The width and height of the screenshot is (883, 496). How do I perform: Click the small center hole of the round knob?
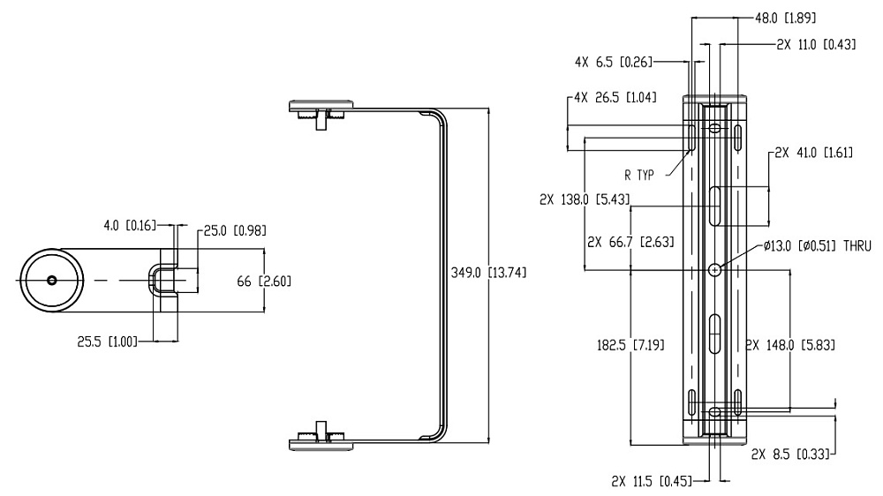pos(52,280)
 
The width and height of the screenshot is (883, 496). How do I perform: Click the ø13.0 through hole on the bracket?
pos(715,268)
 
